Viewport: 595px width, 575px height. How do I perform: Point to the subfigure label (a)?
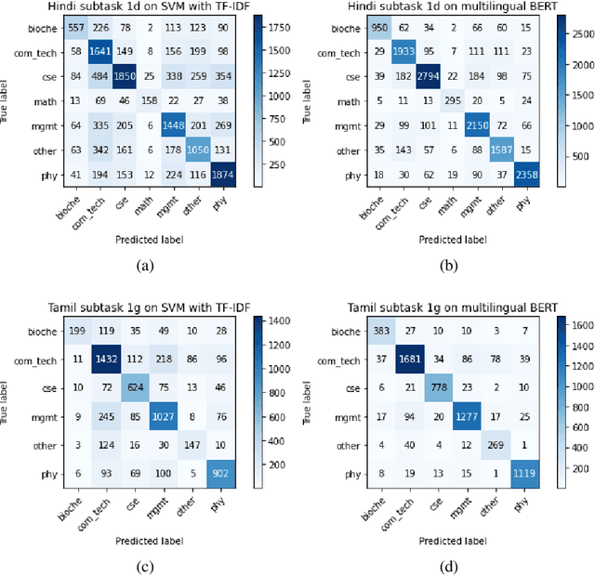click(144, 265)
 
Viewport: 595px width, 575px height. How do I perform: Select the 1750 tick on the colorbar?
click(264, 28)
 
